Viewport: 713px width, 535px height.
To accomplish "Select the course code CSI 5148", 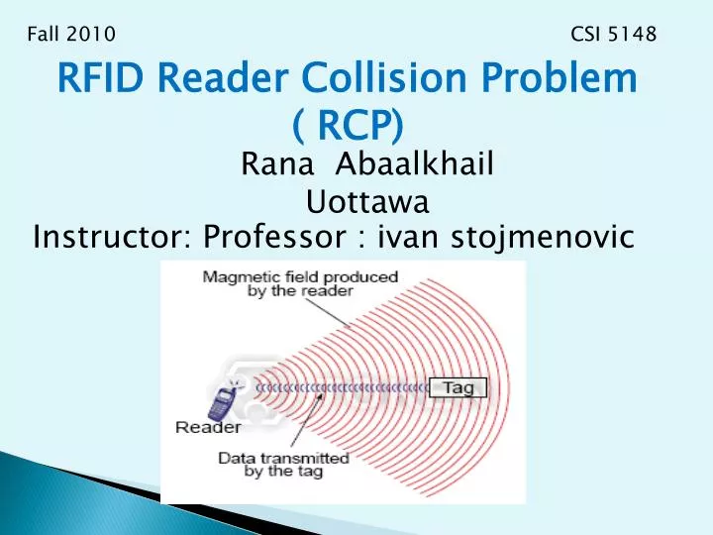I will (x=614, y=35).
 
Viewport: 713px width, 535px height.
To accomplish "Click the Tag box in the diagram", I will (x=458, y=388).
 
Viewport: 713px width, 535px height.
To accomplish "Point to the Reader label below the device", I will (x=208, y=428).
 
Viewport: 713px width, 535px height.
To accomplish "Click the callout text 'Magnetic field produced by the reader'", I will (x=301, y=284).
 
